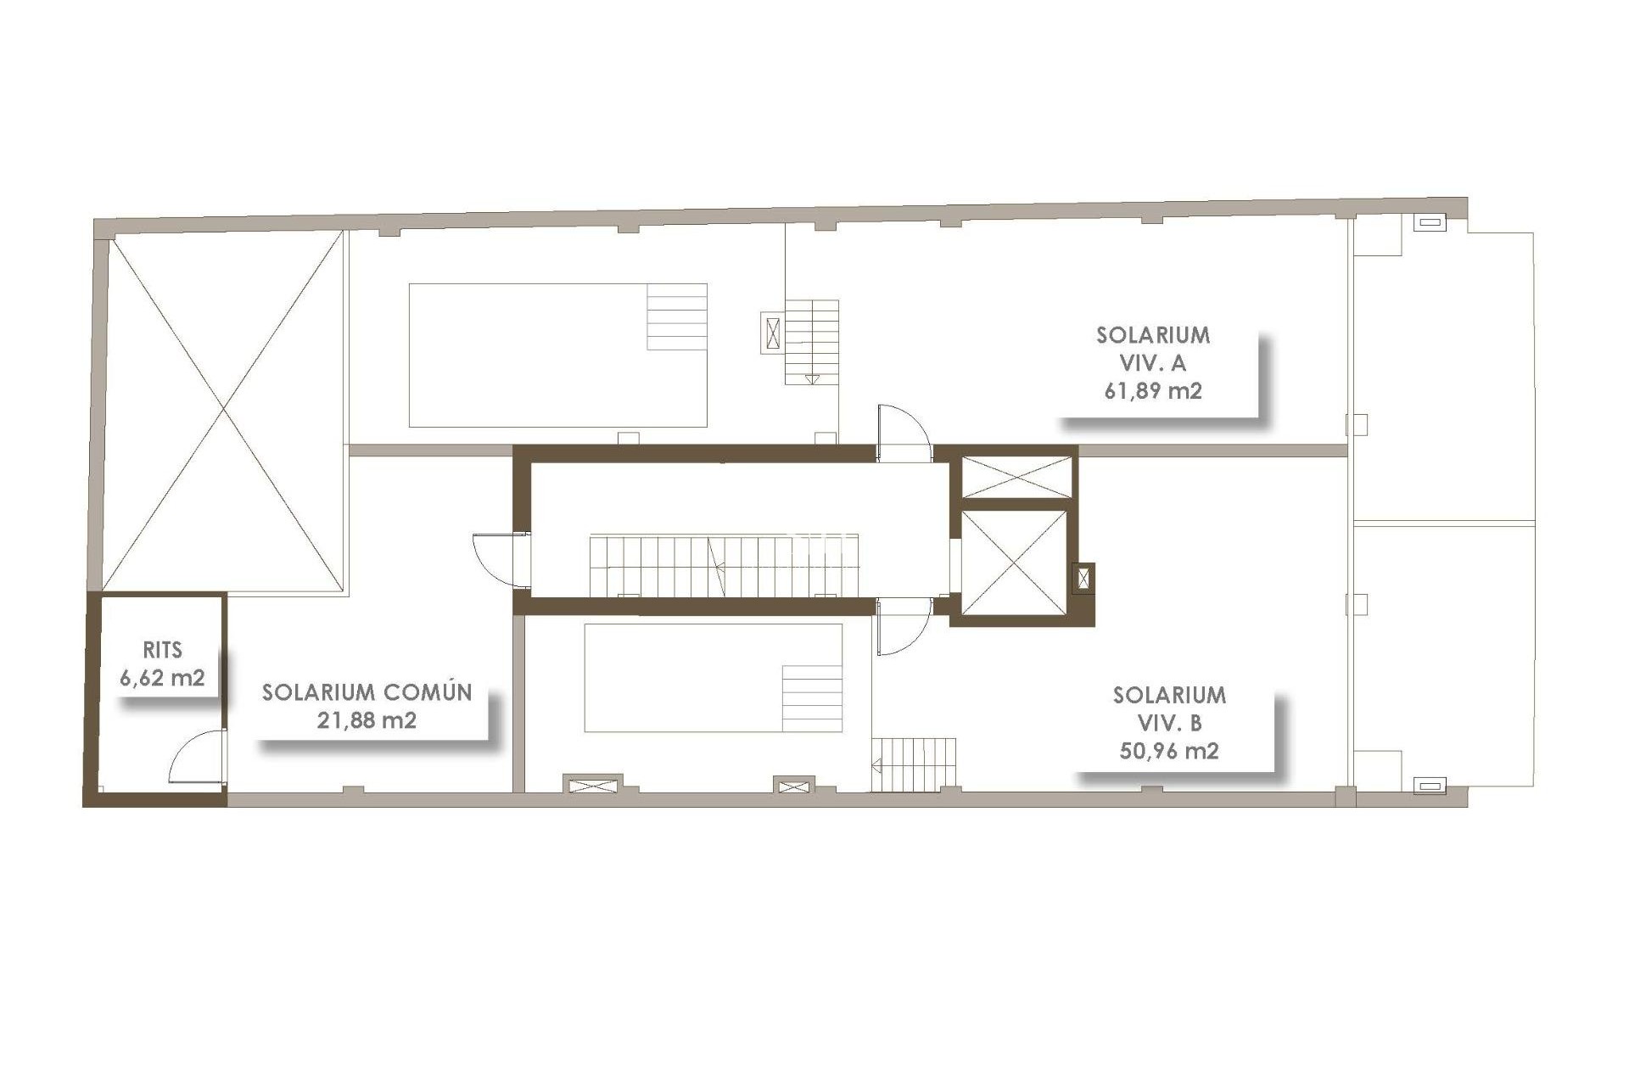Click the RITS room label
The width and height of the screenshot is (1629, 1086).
click(x=162, y=651)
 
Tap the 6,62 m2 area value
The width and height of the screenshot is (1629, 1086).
click(x=162, y=678)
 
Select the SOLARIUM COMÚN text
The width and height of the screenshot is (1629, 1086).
click(x=367, y=692)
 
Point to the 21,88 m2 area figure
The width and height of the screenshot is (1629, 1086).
click(x=367, y=720)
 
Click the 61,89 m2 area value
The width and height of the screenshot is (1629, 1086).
click(x=1153, y=391)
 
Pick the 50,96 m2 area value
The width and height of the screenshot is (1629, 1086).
click(x=1169, y=751)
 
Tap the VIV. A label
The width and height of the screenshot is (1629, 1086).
click(x=1153, y=363)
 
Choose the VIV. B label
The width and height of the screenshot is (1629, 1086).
click(x=1169, y=723)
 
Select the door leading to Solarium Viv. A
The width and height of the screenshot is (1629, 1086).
click(x=903, y=433)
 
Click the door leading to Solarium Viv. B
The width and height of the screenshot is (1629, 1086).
click(x=903, y=626)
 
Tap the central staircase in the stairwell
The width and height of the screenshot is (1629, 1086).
click(x=724, y=565)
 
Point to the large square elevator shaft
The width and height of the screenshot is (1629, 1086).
click(x=1014, y=563)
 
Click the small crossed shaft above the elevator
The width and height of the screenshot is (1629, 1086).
click(x=1016, y=477)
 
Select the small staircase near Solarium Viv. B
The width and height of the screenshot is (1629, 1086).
click(x=914, y=764)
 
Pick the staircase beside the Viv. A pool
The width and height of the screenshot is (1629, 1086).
click(x=812, y=341)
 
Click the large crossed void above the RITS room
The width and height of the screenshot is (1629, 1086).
click(x=224, y=411)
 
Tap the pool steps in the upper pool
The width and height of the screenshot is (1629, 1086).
click(x=677, y=316)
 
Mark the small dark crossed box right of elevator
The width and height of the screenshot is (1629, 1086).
click(x=1084, y=579)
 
